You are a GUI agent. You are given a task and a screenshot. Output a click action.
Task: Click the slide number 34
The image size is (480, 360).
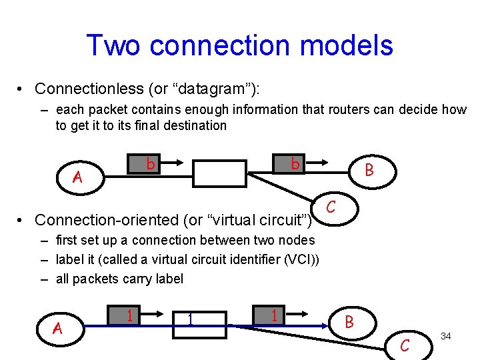pos(446,336)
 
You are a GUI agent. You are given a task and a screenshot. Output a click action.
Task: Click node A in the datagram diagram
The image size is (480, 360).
pos(77,177)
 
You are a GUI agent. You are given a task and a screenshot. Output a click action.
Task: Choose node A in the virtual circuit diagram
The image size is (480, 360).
pos(58,327)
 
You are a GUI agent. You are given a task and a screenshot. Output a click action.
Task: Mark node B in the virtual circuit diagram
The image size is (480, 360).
pos(348,323)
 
